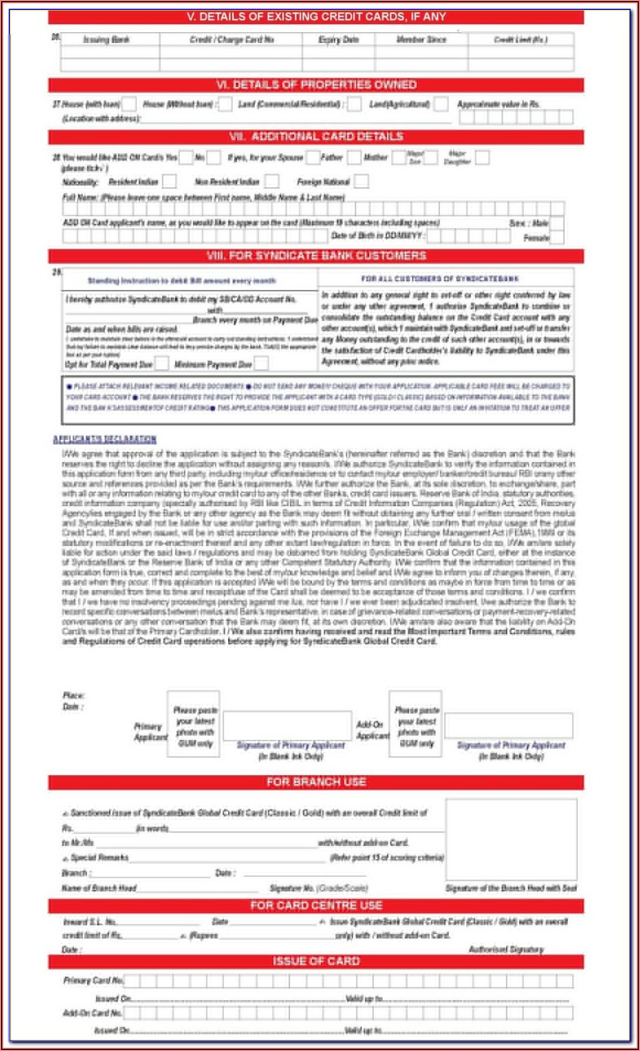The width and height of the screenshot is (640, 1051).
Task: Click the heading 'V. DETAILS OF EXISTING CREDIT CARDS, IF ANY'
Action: tap(316, 17)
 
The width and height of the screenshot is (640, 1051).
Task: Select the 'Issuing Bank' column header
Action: tap(106, 40)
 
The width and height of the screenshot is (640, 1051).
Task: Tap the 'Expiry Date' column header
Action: tap(338, 40)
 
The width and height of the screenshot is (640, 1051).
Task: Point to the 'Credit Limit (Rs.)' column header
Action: tap(520, 40)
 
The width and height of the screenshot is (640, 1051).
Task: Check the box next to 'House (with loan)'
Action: tap(129, 104)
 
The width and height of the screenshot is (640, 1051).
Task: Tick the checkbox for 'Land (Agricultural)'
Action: tap(441, 104)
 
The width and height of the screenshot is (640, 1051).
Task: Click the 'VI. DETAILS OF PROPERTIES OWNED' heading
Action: tap(316, 85)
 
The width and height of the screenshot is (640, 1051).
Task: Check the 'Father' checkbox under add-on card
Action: tap(354, 158)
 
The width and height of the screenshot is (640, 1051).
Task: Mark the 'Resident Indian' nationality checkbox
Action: tap(170, 181)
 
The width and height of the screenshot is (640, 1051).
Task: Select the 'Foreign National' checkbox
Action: tap(362, 181)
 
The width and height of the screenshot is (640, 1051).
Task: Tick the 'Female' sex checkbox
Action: tap(557, 238)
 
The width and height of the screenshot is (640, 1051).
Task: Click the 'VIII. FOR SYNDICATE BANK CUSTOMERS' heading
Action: tap(316, 256)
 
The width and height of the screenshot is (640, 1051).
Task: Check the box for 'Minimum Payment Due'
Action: tap(261, 364)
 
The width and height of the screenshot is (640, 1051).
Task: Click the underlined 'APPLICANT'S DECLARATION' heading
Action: tap(105, 439)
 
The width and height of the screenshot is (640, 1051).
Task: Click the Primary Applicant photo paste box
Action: tap(194, 723)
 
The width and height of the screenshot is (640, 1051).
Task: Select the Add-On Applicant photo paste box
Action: tap(416, 723)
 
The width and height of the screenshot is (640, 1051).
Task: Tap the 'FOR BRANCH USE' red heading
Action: tap(316, 782)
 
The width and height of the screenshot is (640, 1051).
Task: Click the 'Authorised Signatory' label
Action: tap(505, 949)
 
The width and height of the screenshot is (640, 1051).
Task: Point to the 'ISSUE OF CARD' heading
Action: tap(316, 961)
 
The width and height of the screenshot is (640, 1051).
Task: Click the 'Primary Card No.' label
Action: tap(93, 980)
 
